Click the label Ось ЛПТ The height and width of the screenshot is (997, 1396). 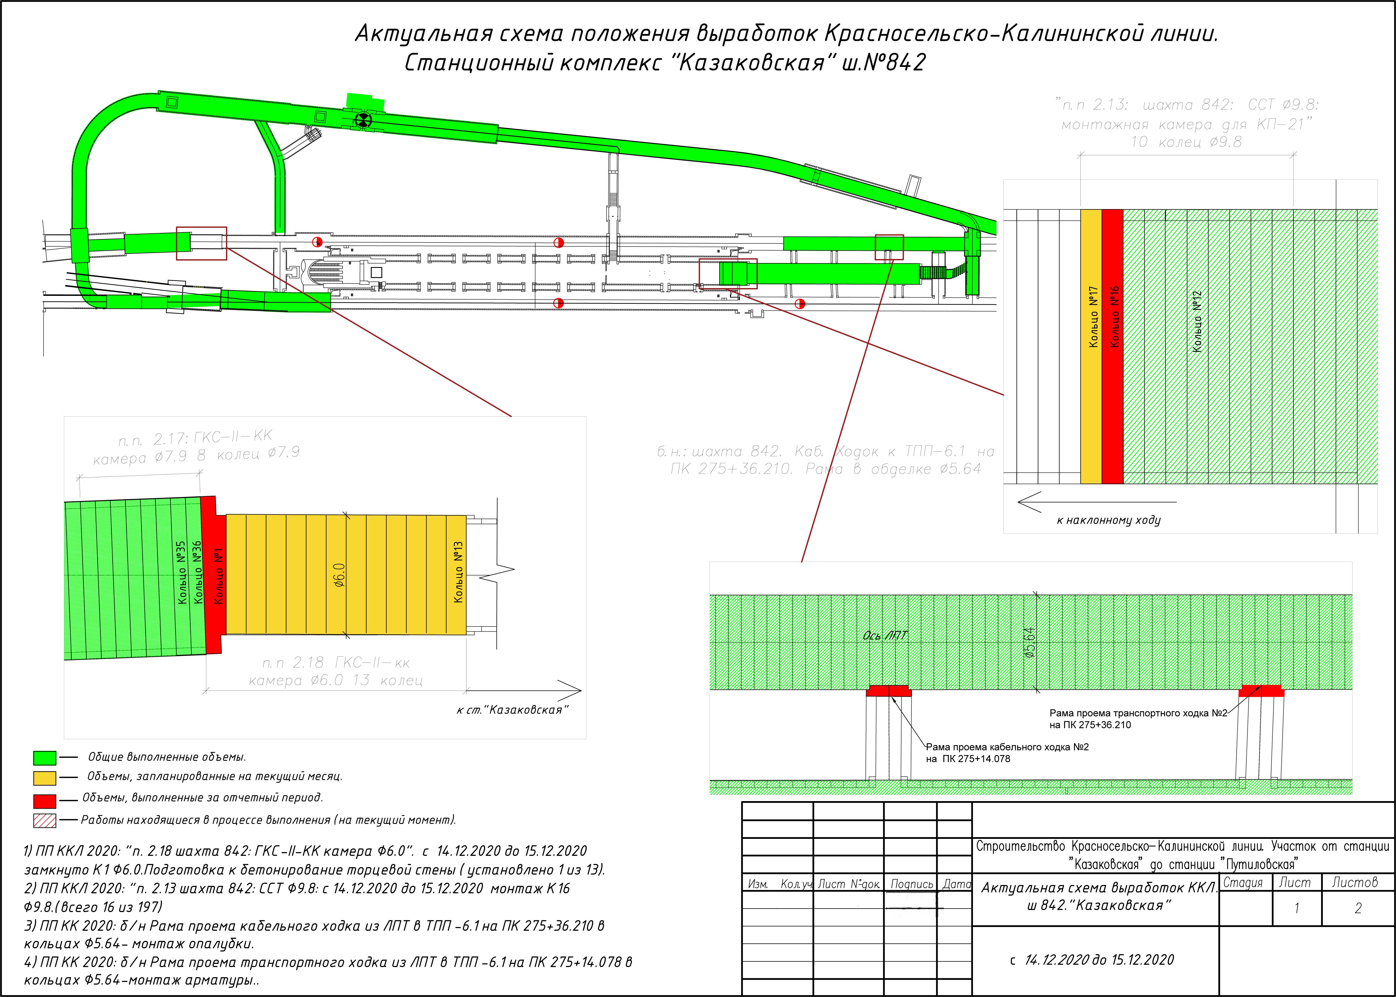point(885,635)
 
